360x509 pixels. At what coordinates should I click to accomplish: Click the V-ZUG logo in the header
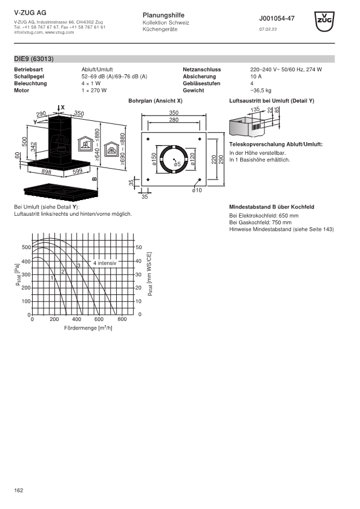pos(324,21)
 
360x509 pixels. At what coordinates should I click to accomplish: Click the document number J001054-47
pos(277,19)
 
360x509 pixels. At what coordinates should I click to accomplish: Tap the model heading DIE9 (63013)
pos(34,59)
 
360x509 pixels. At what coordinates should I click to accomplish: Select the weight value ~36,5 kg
pos(261,91)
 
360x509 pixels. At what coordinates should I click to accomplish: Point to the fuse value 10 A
pos(256,77)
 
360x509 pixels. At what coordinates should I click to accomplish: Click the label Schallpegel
pos(29,77)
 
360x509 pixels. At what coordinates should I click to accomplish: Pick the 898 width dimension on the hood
pos(47,172)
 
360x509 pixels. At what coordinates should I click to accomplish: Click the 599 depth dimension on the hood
pos(77,172)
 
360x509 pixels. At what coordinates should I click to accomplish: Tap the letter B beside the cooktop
pos(94,179)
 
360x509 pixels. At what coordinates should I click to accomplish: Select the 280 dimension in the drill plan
pos(174,120)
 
